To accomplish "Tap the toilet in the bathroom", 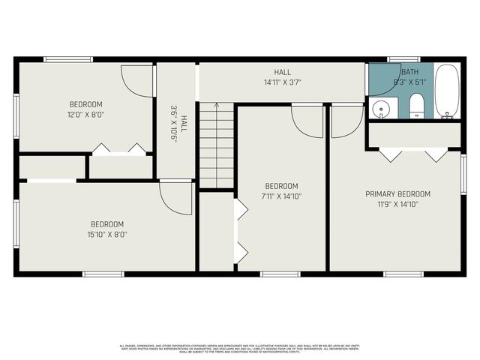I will click(x=417, y=107).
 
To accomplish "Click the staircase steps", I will click(x=216, y=146).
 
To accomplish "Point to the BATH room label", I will click(x=409, y=71).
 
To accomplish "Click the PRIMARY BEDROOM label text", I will click(x=397, y=193).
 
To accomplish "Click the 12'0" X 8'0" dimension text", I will click(x=85, y=115).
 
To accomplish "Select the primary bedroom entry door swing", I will click(x=346, y=120).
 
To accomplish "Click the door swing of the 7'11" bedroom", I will click(x=307, y=120).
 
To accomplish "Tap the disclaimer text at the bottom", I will click(x=240, y=348).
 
